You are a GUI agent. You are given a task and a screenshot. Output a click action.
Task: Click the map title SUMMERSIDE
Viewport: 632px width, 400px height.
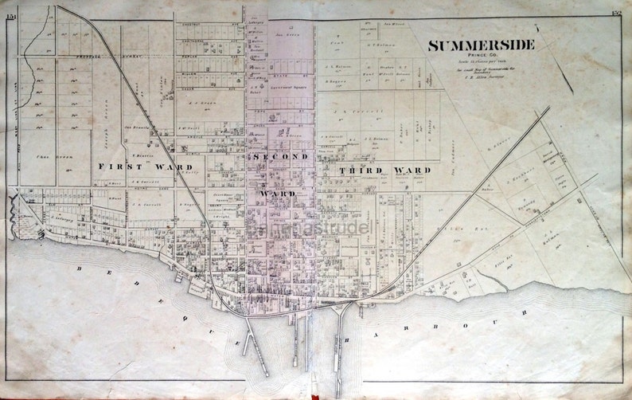click(481, 45)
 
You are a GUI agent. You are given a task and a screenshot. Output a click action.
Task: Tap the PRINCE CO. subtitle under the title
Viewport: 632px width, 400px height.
click(480, 57)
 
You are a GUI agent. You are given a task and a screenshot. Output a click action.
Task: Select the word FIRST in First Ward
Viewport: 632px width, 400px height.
click(117, 167)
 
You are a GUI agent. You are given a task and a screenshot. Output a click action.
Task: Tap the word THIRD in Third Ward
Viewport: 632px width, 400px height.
click(358, 170)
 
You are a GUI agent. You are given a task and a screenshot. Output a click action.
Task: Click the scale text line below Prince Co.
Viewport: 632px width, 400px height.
click(480, 63)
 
